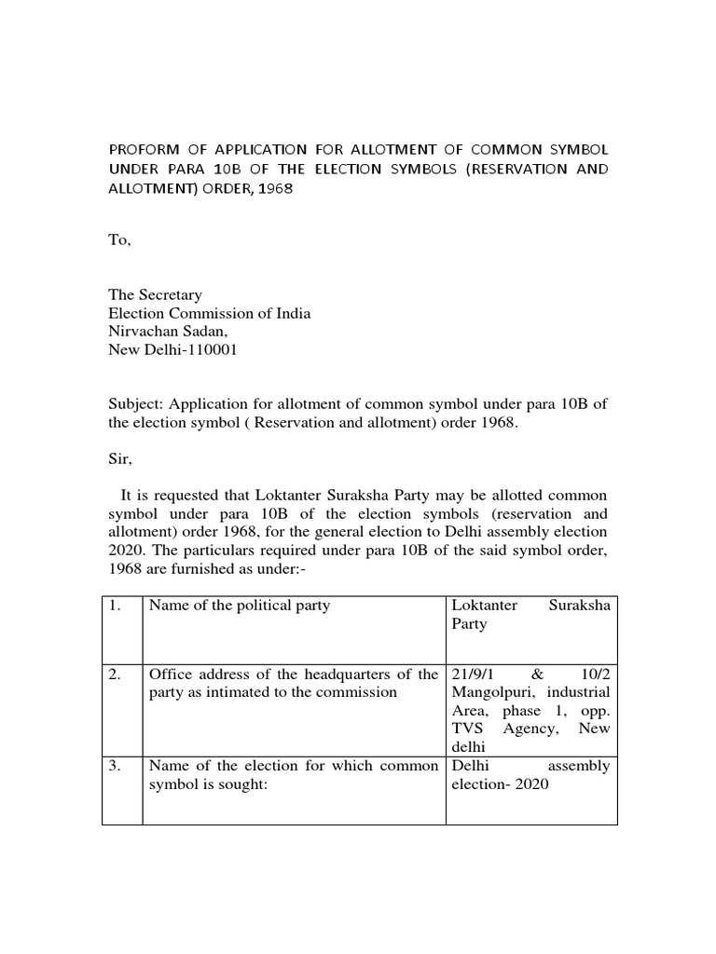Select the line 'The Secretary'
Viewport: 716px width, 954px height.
click(x=156, y=294)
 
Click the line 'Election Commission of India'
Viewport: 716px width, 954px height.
click(x=210, y=313)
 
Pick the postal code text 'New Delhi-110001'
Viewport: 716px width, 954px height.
click(x=168, y=349)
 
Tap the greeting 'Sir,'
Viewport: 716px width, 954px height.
click(x=122, y=457)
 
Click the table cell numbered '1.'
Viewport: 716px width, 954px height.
click(x=116, y=606)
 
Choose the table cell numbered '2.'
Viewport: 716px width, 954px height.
click(x=116, y=675)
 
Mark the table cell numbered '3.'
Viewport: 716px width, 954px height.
click(x=116, y=766)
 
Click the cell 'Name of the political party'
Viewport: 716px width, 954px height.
click(x=240, y=606)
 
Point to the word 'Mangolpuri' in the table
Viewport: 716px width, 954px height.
click(x=494, y=692)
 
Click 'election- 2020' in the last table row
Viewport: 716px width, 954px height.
click(x=501, y=784)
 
